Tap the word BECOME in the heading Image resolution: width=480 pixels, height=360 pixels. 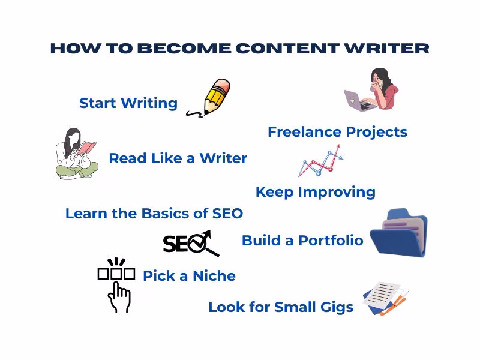point(173,49)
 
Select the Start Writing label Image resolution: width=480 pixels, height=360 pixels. point(128,103)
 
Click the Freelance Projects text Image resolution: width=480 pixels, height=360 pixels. point(337,132)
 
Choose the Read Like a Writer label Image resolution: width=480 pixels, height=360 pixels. point(178,158)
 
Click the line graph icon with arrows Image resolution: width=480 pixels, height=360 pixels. point(322,162)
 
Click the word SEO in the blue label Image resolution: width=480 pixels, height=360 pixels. point(227,213)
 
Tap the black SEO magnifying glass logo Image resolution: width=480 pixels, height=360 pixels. point(191,243)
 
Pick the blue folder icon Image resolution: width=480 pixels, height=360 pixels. point(398,233)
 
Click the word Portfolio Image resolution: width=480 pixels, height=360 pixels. point(331,241)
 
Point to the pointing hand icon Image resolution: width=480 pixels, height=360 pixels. point(119,297)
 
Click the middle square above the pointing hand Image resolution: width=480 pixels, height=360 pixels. point(116,274)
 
